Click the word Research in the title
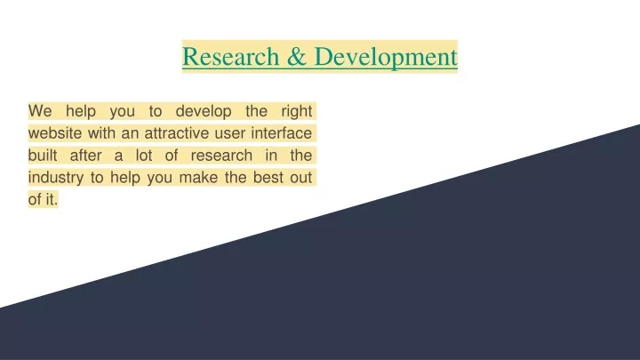coord(230,56)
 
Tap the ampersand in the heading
coord(297,56)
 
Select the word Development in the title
coord(386,57)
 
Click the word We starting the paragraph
coord(40,111)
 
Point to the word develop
coord(204,111)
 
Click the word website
coord(55,133)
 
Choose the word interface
coord(282,133)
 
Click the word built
coord(43,155)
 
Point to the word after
coord(85,155)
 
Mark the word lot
coord(144,155)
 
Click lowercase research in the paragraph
coord(221,155)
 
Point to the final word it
coord(52,199)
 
